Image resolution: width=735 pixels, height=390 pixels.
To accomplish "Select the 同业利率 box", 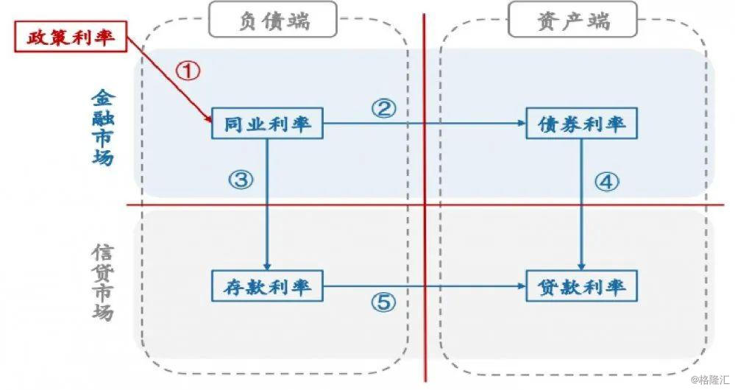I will click(x=267, y=124).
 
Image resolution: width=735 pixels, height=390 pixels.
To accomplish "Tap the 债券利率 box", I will click(x=582, y=124).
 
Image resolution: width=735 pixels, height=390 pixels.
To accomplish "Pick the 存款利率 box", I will click(x=267, y=286).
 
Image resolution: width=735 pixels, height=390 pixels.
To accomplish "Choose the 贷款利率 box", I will click(x=582, y=286).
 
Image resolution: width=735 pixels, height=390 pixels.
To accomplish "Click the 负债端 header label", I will click(x=273, y=20).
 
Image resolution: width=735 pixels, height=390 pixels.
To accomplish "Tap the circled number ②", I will click(x=383, y=109).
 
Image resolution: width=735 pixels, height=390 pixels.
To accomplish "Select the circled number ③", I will click(x=241, y=179).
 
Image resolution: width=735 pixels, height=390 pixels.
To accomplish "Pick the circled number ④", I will click(x=607, y=182).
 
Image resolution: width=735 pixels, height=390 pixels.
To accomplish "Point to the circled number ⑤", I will click(x=383, y=302).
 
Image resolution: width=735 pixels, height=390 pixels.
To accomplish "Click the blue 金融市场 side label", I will click(x=102, y=127).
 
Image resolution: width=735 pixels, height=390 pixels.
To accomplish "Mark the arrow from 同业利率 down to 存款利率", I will click(x=267, y=213).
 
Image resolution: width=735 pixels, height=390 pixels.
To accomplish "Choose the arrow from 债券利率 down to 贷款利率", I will click(x=582, y=213).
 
